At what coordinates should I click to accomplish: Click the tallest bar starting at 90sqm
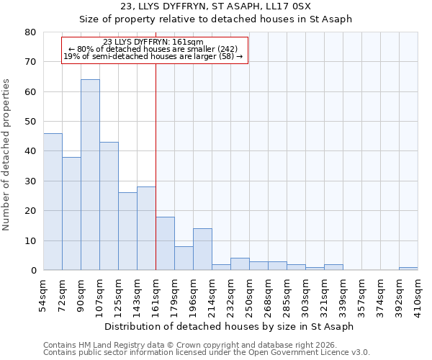pyautogui.click(x=90, y=175)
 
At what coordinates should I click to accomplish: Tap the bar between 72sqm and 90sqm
pyautogui.click(x=71, y=214)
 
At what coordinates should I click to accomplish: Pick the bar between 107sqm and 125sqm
pyautogui.click(x=109, y=206)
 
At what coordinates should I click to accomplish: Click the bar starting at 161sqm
pyautogui.click(x=165, y=243)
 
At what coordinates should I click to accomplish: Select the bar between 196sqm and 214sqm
pyautogui.click(x=202, y=249)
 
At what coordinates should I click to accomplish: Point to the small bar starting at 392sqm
pyautogui.click(x=408, y=269)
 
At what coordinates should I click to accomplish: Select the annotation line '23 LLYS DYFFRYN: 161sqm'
pyautogui.click(x=153, y=42)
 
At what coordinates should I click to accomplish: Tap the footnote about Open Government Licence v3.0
pyautogui.click(x=207, y=353)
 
